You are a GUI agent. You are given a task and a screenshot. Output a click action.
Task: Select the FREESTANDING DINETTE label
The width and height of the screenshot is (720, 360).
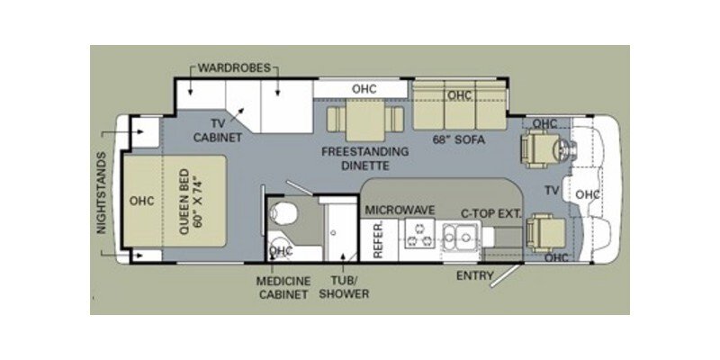point(365,158)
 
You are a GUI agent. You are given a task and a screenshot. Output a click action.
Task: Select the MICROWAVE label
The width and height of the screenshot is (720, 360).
point(400,211)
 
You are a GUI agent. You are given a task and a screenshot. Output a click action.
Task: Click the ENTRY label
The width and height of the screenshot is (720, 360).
point(474,274)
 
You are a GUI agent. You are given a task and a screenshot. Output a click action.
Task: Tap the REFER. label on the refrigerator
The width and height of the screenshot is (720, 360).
point(379,241)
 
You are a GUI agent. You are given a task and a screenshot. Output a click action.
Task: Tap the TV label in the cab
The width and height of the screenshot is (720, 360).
point(553,191)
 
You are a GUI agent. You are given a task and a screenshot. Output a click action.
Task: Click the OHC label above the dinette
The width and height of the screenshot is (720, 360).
point(364,88)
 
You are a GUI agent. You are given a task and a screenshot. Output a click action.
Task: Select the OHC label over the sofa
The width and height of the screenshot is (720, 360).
point(460,95)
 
